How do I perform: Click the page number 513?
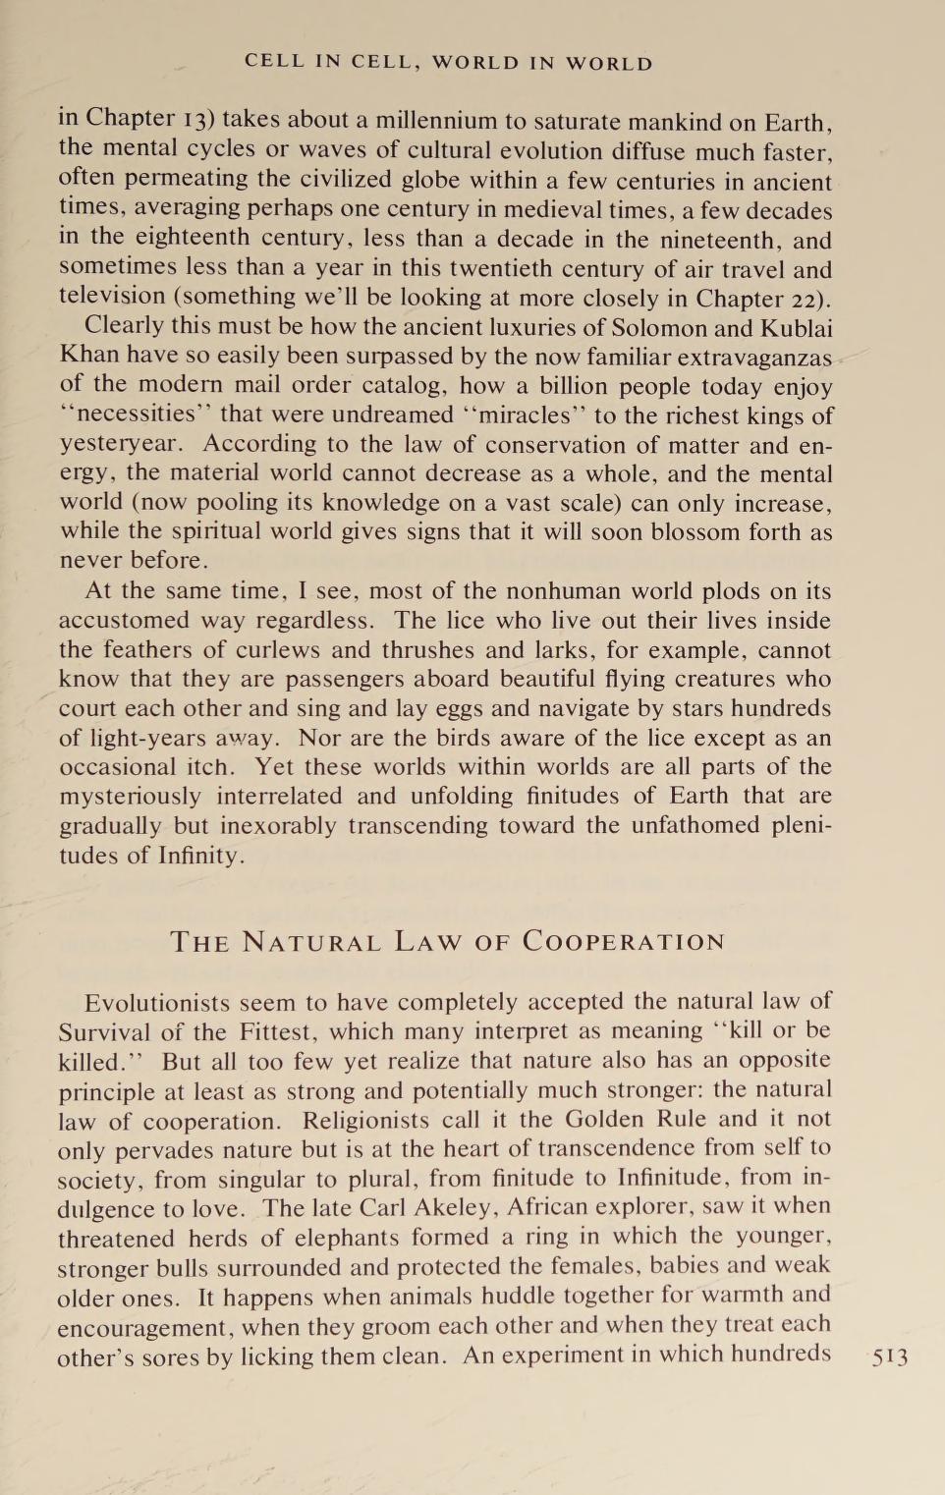pyautogui.click(x=889, y=1357)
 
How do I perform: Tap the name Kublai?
pyautogui.click(x=796, y=327)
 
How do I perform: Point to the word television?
pyautogui.click(x=112, y=297)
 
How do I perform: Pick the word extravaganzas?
pyautogui.click(x=754, y=358)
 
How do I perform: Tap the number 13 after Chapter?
pyautogui.click(x=196, y=121)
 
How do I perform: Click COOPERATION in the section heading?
pyautogui.click(x=624, y=942)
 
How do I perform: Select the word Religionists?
pyautogui.click(x=365, y=1121)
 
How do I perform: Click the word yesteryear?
pyautogui.click(x=120, y=445)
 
